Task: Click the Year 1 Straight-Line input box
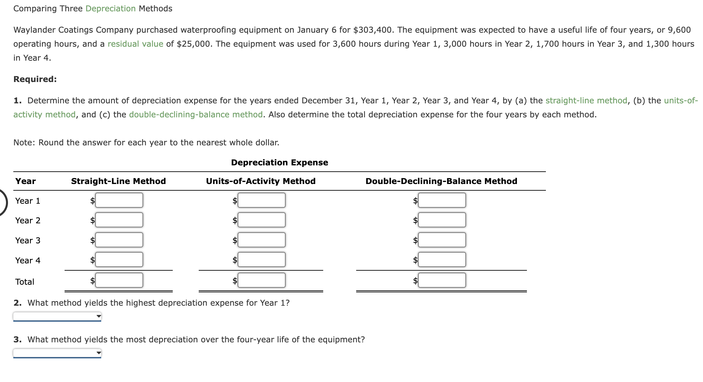click(119, 200)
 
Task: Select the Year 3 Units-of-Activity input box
click(262, 240)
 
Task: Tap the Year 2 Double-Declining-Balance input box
click(442, 220)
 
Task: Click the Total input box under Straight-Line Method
click(119, 280)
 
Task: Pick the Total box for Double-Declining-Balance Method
click(442, 280)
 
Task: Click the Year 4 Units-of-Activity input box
click(262, 260)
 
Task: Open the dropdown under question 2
click(57, 316)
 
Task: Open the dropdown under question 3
click(57, 353)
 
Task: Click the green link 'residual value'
click(135, 44)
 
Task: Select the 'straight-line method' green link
click(586, 101)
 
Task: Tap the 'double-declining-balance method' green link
click(196, 115)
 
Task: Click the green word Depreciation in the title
click(111, 9)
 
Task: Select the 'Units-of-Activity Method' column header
click(261, 181)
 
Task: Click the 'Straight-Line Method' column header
click(118, 181)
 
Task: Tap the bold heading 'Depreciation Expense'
click(280, 163)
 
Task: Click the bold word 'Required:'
click(35, 79)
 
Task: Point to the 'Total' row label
click(25, 282)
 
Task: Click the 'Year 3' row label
click(28, 241)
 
